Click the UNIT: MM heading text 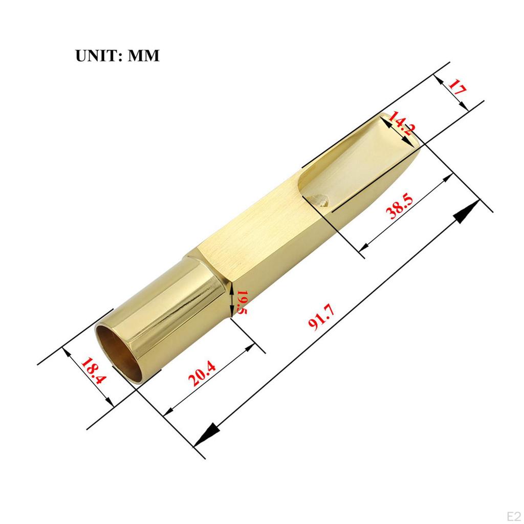tap(118, 55)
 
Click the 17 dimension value tap(457, 89)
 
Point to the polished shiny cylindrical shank tap(169, 312)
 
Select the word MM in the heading tap(143, 55)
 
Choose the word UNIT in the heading tap(96, 55)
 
